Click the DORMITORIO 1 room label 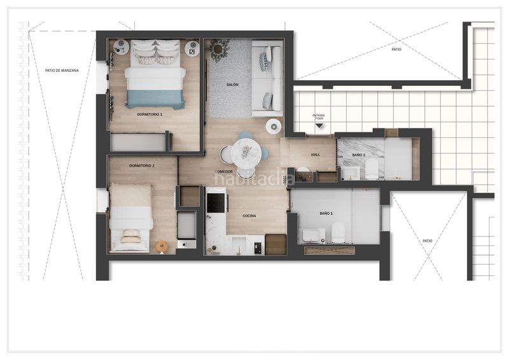click(150, 114)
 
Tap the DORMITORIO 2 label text click(143, 165)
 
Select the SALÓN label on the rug click(232, 85)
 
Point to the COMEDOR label click(223, 172)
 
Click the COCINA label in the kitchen click(249, 216)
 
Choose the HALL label click(316, 155)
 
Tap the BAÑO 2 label click(359, 155)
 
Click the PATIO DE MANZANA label click(62, 71)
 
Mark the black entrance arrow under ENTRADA click(319, 127)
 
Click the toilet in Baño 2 click(372, 169)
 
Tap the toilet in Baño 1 click(338, 233)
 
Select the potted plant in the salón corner click(220, 49)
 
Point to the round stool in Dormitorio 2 click(162, 246)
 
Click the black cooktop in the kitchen click(217, 203)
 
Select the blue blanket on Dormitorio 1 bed click(155, 99)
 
